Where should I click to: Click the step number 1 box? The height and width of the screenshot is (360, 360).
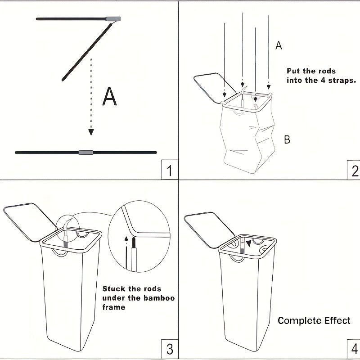point(169,171)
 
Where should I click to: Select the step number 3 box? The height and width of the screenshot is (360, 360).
point(169,349)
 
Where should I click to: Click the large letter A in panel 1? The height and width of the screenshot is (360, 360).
point(109,97)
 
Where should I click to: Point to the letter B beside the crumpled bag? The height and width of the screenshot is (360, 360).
point(287,139)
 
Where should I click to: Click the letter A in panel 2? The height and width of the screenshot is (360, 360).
point(279,45)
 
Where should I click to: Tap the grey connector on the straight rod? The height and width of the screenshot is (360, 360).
point(85,153)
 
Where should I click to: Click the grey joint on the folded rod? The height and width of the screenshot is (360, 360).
point(113,19)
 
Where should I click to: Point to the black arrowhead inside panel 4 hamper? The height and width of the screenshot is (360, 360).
point(249,243)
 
